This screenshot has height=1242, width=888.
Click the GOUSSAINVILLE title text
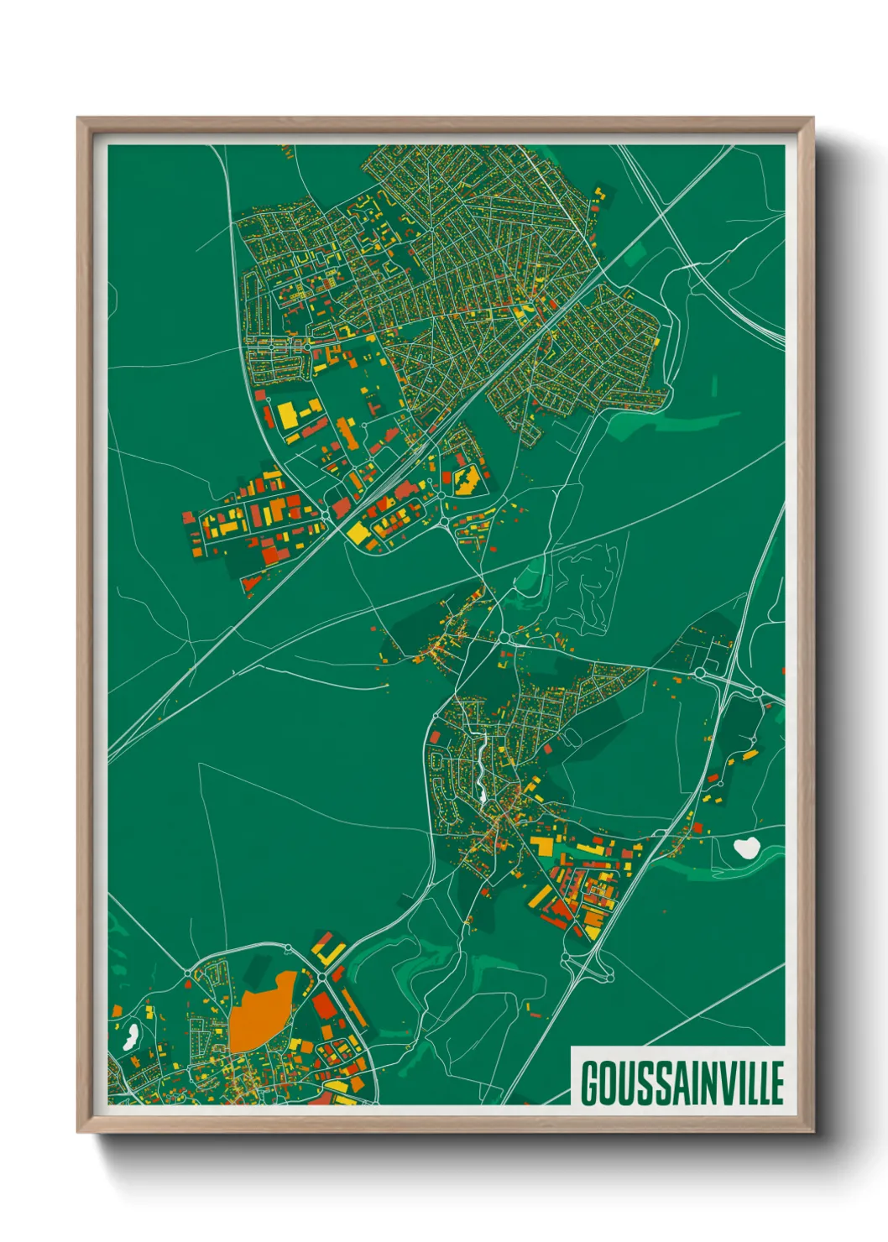[x=682, y=1083]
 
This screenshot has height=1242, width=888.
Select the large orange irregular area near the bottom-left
[x=259, y=1014]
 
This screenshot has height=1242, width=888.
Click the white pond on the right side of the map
[x=745, y=848]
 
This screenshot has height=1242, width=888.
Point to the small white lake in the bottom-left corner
[x=130, y=1036]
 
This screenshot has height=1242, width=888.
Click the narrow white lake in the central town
[x=480, y=764]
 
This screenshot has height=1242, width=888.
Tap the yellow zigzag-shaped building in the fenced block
[x=466, y=480]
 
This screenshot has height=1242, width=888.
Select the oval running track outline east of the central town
[x=573, y=737]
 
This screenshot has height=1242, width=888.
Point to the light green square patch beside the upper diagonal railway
[x=635, y=253]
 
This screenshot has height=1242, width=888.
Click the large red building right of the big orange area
[x=324, y=1005]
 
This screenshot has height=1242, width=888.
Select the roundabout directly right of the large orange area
[x=321, y=978]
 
